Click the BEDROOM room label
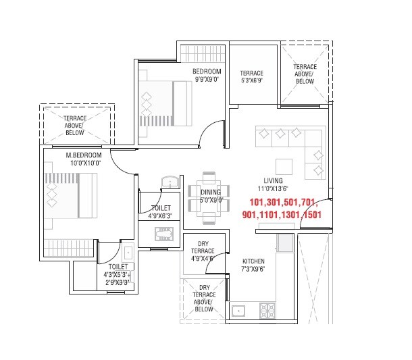(x=207, y=72)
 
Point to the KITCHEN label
(x=253, y=261)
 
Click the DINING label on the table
(x=210, y=192)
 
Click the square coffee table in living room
(x=284, y=166)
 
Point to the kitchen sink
(x=238, y=311)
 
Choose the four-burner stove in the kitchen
(x=268, y=311)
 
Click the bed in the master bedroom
(x=72, y=196)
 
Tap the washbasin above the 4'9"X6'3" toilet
(x=170, y=182)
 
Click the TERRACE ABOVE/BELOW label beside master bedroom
(x=74, y=126)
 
